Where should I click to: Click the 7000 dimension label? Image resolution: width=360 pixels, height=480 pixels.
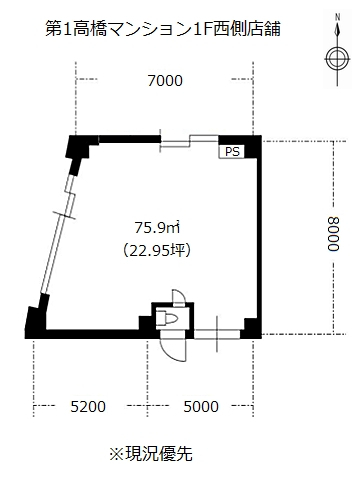point(165,81)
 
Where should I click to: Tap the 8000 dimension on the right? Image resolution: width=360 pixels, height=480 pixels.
point(333,234)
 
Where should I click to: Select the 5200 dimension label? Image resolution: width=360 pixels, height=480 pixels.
point(88,407)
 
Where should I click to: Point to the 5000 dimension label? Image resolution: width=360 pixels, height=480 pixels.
point(201,407)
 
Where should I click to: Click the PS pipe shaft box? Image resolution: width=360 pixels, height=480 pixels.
point(232,152)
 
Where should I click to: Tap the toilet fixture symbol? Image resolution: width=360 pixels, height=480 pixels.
point(167,318)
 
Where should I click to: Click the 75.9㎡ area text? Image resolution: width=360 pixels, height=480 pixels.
point(157,228)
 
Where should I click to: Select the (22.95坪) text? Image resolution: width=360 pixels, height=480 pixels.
point(157,250)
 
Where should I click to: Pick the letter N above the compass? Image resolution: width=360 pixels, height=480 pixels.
point(338,17)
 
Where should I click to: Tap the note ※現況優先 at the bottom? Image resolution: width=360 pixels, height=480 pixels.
point(151,454)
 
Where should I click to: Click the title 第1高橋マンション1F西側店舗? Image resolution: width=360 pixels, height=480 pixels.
point(163,28)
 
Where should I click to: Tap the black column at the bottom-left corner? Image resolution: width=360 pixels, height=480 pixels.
point(36,322)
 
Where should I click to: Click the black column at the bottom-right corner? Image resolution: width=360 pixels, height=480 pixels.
point(251,328)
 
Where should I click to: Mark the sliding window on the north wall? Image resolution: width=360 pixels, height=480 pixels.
point(189,142)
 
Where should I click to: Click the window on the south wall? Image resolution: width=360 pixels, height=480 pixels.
point(217,334)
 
